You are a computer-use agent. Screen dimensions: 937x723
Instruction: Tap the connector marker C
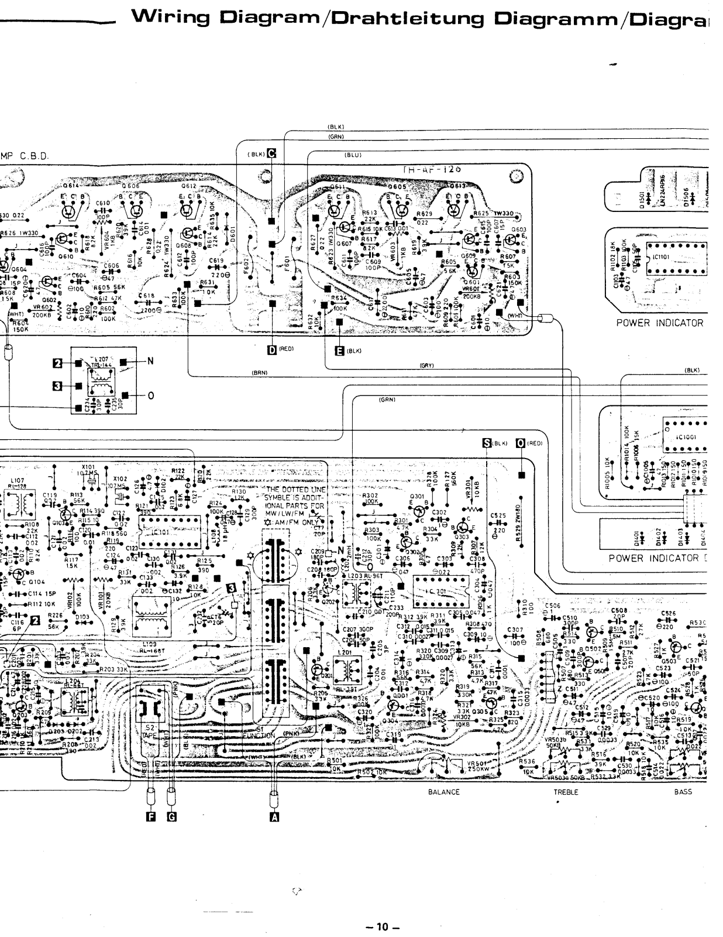tap(271, 154)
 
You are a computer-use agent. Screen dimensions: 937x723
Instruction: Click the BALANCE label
tap(444, 792)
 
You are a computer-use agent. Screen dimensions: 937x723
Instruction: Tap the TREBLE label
tap(566, 792)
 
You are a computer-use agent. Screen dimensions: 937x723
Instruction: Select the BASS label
tap(683, 792)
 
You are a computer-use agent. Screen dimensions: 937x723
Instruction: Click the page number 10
tap(382, 926)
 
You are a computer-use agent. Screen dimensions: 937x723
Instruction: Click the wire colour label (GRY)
tap(426, 365)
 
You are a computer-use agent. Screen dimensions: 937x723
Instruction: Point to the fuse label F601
tap(287, 258)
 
